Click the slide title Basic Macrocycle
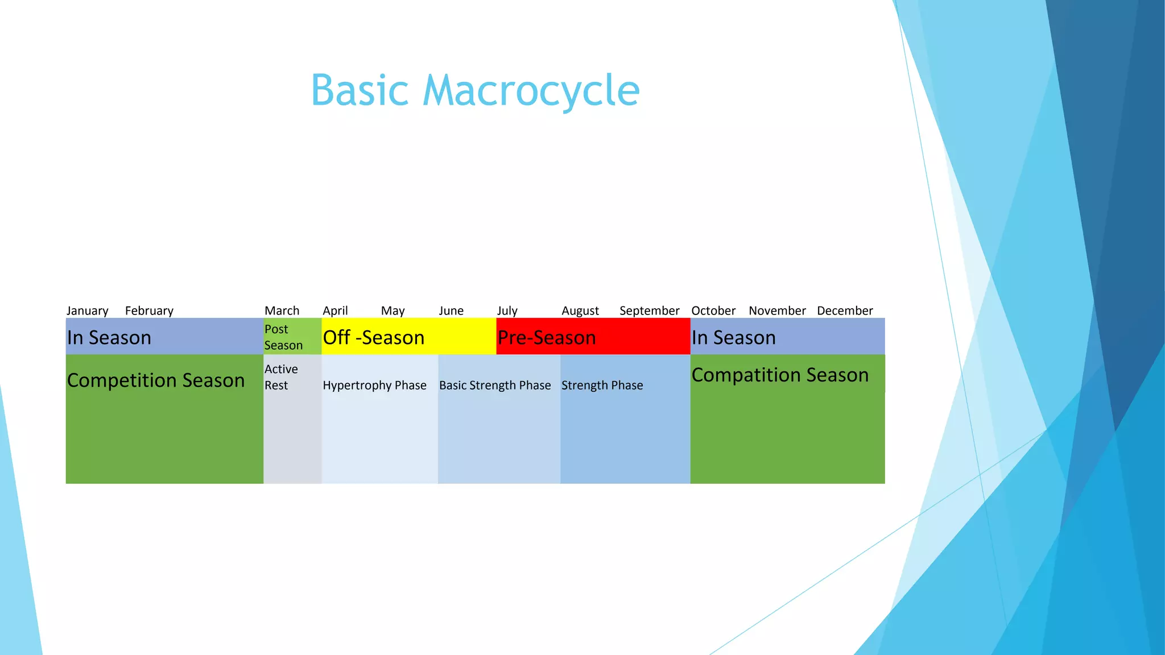[475, 91]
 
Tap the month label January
[87, 311]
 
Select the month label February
[149, 311]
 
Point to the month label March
[282, 311]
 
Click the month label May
[393, 311]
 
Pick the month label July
[507, 311]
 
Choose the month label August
[580, 311]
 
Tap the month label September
[649, 311]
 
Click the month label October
[713, 311]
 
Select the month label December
[845, 311]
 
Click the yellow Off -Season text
[374, 338]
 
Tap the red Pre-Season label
[547, 338]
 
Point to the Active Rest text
[281, 377]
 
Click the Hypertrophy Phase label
[374, 385]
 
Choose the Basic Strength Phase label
[495, 385]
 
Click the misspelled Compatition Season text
[780, 375]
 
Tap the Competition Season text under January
[155, 380]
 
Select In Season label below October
[733, 338]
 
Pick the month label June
[451, 311]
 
